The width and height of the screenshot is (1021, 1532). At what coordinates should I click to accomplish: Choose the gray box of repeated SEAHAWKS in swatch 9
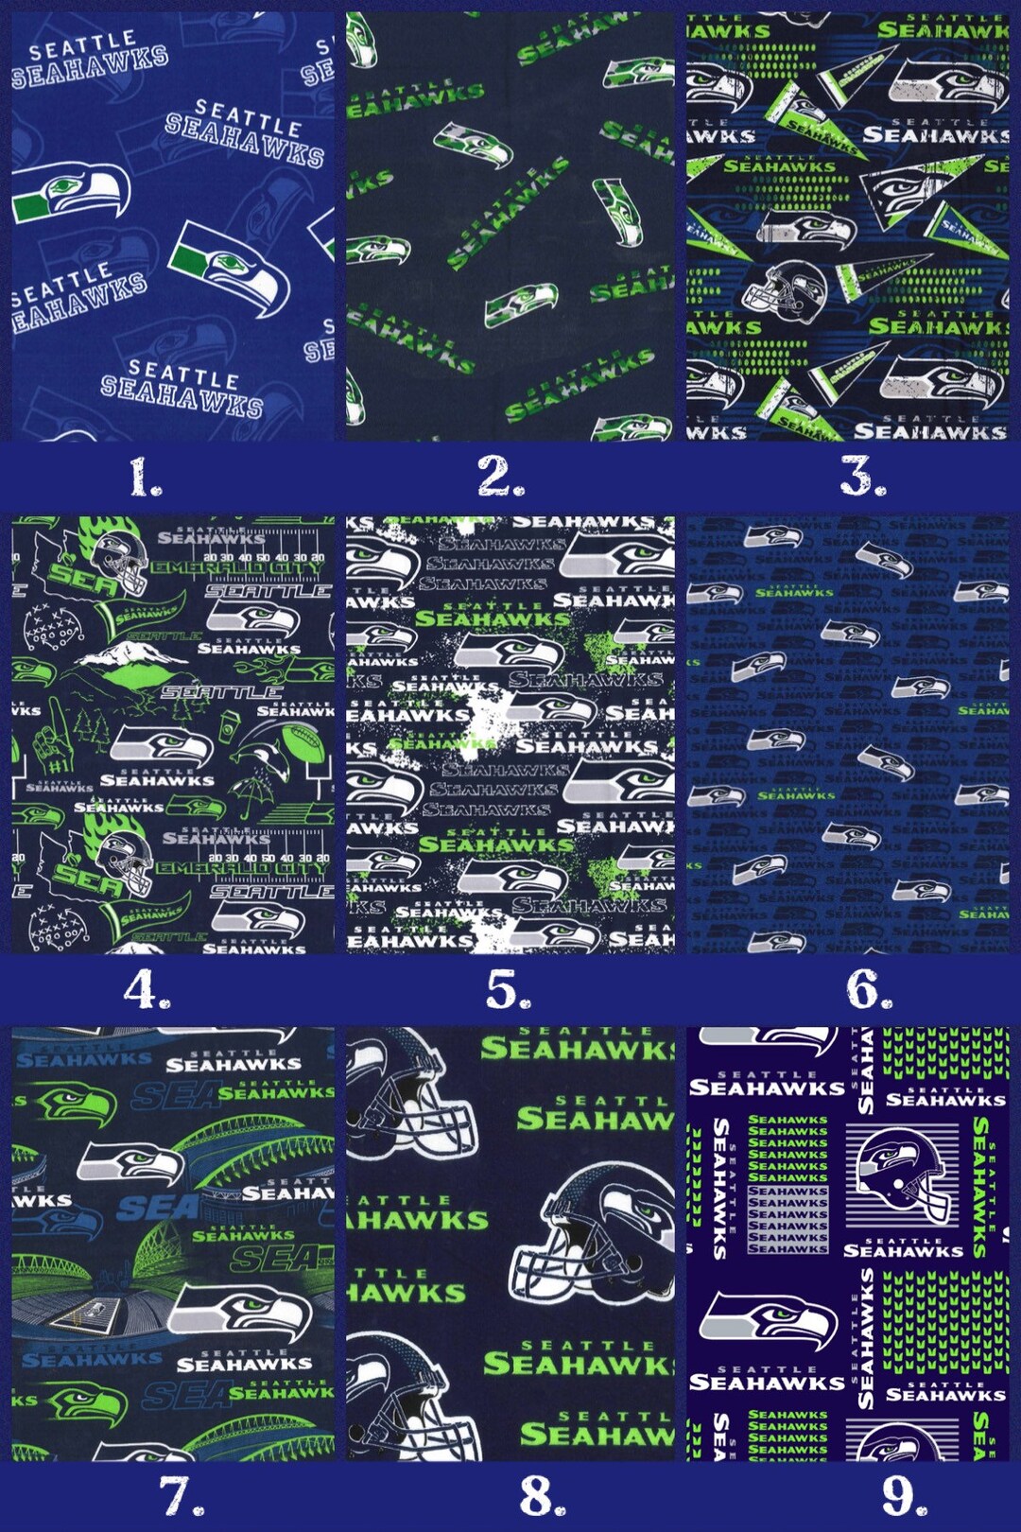click(787, 1220)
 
